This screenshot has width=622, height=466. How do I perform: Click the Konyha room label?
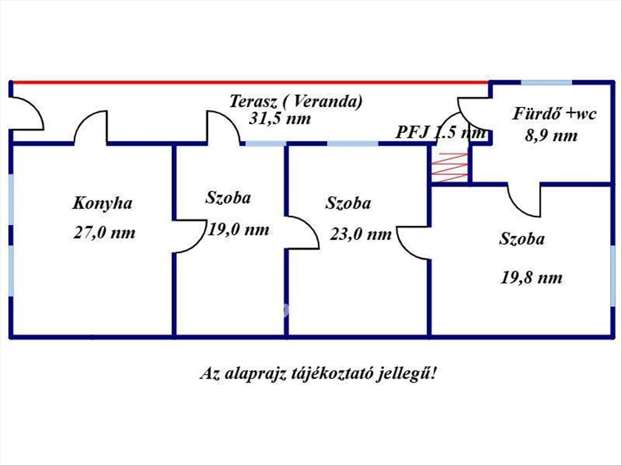pos(102,203)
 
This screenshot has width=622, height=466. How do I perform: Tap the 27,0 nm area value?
pos(104,232)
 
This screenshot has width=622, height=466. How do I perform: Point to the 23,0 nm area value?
pos(361,235)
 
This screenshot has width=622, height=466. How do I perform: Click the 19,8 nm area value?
pos(531,278)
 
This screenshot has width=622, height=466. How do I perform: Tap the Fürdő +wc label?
pos(555,114)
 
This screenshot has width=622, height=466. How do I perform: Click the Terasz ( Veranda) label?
pos(296,101)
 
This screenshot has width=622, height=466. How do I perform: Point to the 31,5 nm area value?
pos(280,119)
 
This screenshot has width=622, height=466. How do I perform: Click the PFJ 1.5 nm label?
pos(441,133)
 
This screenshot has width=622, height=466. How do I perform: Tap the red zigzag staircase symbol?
pos(450,167)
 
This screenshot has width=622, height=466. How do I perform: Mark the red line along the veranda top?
pos(249,82)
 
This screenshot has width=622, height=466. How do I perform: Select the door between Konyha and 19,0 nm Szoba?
pos(189,236)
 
